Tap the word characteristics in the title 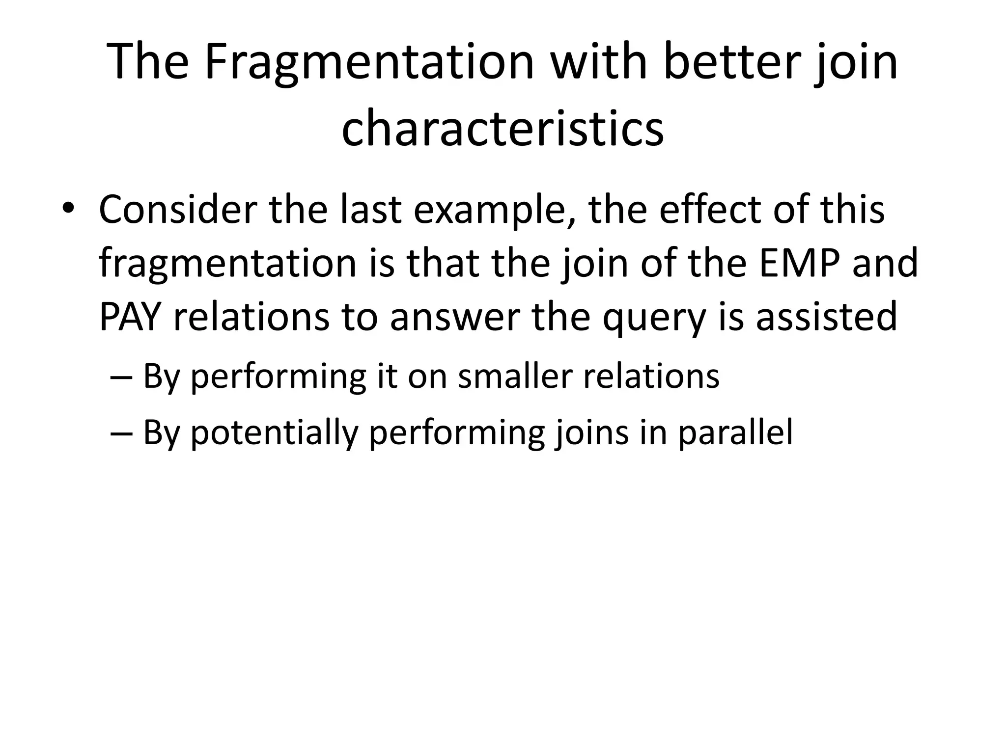(503, 129)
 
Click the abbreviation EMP (799, 264)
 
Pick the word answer (455, 318)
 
